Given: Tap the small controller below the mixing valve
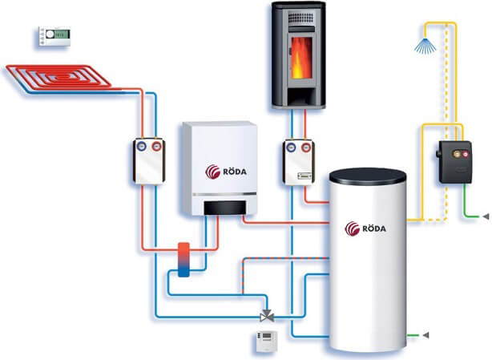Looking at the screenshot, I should click(264, 342).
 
